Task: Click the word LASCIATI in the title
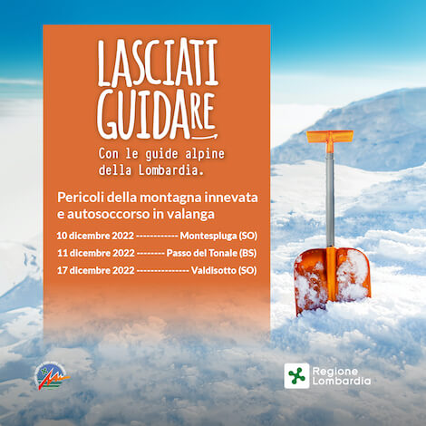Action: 158,63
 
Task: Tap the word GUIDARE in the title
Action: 156,115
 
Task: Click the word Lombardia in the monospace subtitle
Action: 171,170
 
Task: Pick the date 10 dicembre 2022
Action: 95,236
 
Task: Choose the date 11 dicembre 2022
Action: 96,253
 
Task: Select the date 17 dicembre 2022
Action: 96,270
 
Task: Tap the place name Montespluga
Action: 208,236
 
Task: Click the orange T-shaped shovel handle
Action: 330,138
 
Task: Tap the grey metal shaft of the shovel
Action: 330,199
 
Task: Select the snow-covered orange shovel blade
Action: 332,279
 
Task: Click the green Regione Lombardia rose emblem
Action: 296,376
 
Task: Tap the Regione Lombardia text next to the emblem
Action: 342,376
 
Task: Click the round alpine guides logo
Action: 51,377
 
